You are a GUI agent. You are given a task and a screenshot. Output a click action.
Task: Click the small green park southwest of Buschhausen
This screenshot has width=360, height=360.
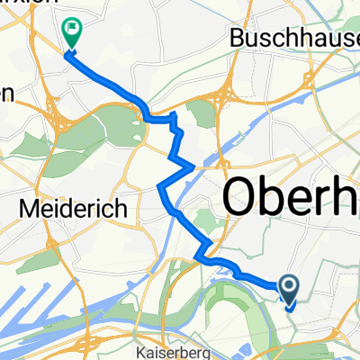[203, 112]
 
